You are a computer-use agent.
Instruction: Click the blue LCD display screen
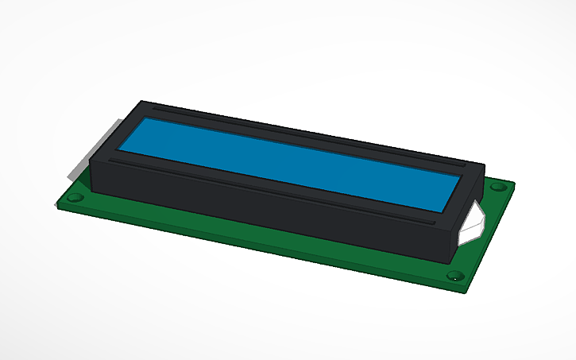tap(286, 163)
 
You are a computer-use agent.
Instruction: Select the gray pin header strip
tap(95, 151)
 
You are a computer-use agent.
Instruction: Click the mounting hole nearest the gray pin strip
tap(75, 196)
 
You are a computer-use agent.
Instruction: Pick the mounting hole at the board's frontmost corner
tap(454, 277)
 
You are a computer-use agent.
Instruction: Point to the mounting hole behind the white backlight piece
tap(498, 188)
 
